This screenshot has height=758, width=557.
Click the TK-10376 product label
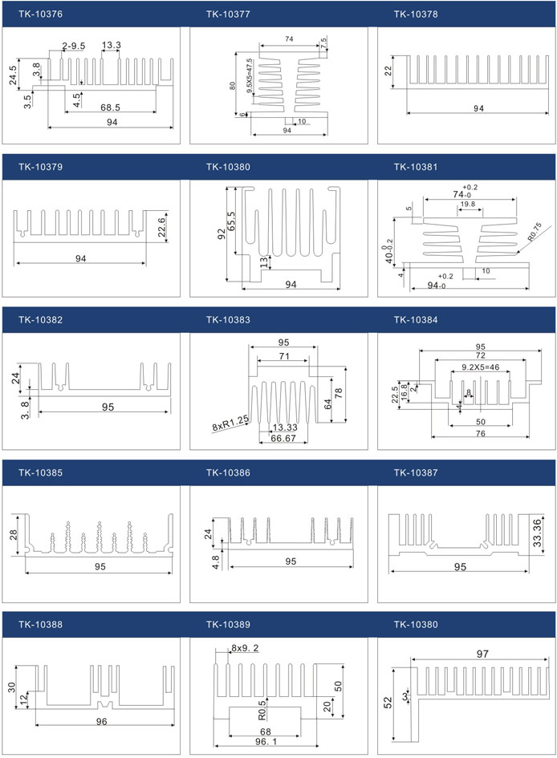click(40, 14)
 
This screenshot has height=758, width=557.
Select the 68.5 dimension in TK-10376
click(110, 107)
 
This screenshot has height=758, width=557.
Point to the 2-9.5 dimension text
click(73, 46)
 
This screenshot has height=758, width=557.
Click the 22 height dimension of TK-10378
click(388, 72)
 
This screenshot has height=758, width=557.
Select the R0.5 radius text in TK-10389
click(262, 711)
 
